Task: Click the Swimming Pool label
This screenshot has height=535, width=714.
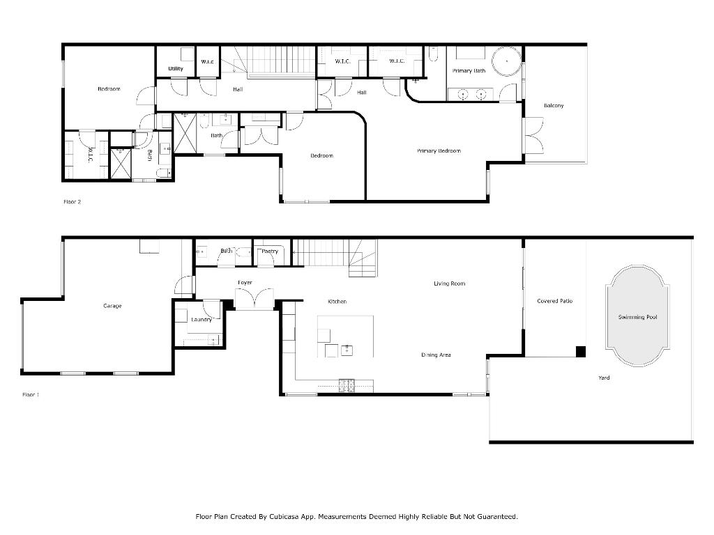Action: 637,317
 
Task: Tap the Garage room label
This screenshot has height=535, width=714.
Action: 112,306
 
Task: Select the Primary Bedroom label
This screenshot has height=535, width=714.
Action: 439,151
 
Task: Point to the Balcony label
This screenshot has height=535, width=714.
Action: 554,106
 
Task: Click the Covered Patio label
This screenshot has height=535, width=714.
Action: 554,301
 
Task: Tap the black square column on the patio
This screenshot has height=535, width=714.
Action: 580,351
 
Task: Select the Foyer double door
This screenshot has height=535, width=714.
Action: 250,299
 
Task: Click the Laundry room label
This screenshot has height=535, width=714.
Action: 202,320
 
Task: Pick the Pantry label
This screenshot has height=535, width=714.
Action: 270,251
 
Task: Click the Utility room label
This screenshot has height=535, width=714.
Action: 176,69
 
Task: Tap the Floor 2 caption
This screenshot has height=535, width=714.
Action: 72,202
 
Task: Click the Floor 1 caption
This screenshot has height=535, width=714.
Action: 31,395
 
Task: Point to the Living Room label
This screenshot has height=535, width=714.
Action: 449,284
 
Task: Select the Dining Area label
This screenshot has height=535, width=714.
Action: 436,355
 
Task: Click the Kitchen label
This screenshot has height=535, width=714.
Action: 337,302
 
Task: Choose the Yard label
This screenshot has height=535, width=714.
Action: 604,378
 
